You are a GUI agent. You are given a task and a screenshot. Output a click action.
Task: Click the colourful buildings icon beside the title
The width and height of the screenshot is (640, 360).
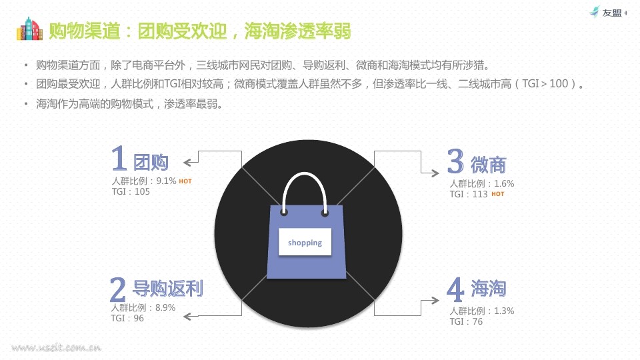pos(29,29)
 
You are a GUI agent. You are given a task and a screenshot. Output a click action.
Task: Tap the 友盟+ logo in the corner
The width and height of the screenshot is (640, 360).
pos(609,12)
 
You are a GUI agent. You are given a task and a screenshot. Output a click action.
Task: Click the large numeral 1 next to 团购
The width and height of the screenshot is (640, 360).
pos(119,158)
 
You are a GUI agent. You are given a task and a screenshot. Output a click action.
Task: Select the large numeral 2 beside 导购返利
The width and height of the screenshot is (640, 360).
pos(117,289)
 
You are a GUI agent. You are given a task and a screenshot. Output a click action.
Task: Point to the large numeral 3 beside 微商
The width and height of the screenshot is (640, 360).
pos(455,161)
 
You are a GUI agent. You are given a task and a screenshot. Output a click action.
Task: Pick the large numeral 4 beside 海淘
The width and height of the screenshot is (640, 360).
pos(455,289)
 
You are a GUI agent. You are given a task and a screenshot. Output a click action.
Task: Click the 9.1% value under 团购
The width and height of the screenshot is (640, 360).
pos(166,181)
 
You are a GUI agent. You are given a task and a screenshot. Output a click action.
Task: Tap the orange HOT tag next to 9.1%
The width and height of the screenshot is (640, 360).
pos(185,181)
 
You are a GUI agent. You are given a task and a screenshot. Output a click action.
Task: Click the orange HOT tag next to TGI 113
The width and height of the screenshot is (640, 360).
pos(497,194)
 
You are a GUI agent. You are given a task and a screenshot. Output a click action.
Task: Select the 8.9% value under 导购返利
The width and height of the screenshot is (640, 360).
pos(165,307)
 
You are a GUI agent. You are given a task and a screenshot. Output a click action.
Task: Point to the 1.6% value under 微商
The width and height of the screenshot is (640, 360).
pos(504,184)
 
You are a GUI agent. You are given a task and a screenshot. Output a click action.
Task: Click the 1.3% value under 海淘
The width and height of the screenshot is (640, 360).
pos(504,311)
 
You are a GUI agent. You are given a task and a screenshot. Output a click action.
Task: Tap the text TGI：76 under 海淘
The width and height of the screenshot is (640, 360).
pos(466,321)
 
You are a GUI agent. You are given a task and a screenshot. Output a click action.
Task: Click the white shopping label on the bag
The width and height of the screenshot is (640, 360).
pos(305,243)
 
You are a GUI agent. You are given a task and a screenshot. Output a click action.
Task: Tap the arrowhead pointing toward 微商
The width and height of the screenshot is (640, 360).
pos(435,173)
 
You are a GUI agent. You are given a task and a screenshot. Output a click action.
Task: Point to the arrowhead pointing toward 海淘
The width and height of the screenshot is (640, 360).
pos(435,301)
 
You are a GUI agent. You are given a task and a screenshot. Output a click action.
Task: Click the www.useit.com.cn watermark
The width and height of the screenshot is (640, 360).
pos(56,348)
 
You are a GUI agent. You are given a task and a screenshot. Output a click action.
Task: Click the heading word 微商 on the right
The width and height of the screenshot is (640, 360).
pos(489,165)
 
